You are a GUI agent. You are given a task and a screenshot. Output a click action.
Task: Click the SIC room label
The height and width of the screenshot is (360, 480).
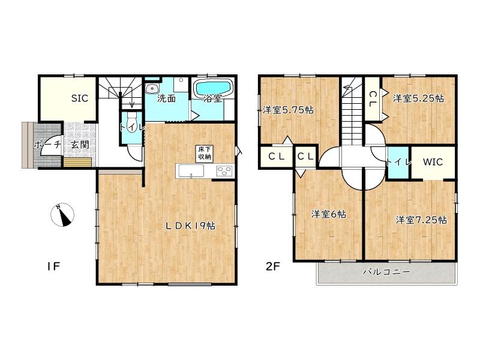tap(80, 98)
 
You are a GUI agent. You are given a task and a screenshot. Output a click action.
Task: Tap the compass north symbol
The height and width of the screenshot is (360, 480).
tap(62, 215)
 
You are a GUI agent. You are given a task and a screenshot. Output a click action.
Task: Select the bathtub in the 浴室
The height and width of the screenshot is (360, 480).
tap(213, 88)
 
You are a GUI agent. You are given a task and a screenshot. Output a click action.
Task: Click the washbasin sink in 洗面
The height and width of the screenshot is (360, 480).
tap(152, 88)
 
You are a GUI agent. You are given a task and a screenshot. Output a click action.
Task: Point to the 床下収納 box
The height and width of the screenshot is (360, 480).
tap(205, 154)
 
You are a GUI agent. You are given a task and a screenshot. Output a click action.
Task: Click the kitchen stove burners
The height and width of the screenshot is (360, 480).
tap(224, 171)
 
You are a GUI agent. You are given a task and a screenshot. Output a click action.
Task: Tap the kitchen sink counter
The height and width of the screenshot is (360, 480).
tap(190, 171)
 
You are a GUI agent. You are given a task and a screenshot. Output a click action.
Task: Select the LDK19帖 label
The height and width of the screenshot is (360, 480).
tap(191, 226)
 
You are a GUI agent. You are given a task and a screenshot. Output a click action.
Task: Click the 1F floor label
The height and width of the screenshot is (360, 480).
tap(53, 266)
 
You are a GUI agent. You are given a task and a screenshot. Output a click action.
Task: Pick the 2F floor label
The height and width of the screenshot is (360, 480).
tap(273, 266)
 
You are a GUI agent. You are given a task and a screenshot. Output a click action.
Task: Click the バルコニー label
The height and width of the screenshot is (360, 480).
tap(386, 272)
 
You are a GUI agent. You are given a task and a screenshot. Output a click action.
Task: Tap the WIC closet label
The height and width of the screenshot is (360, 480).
tap(433, 161)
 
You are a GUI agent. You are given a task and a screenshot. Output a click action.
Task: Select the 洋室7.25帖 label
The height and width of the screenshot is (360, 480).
tap(421, 220)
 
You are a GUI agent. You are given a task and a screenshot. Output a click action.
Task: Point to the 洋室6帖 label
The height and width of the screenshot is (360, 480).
tap(329, 214)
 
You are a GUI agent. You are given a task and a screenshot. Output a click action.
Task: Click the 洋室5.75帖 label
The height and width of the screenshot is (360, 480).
tap(288, 110)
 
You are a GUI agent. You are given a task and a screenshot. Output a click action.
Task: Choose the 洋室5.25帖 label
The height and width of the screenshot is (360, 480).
tap(418, 98)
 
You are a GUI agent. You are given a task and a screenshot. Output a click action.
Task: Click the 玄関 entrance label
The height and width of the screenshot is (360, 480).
tap(80, 145)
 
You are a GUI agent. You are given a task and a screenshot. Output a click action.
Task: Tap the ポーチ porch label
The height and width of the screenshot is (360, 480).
tap(47, 144)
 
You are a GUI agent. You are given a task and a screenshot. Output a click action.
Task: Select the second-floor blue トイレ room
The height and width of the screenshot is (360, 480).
tap(398, 162)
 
